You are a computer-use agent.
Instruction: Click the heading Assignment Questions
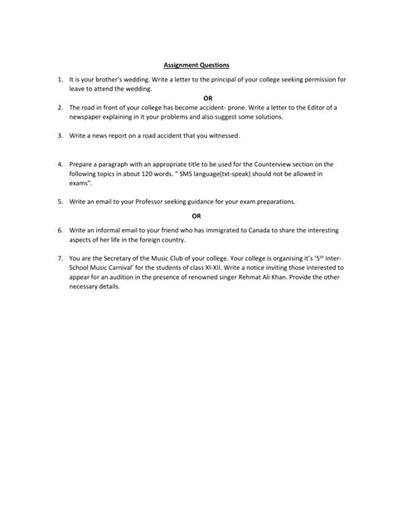pos(196,64)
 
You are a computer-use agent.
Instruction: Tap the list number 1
pos(60,80)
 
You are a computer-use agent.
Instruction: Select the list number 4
pos(60,166)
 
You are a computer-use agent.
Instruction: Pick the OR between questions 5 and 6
pos(196,214)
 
